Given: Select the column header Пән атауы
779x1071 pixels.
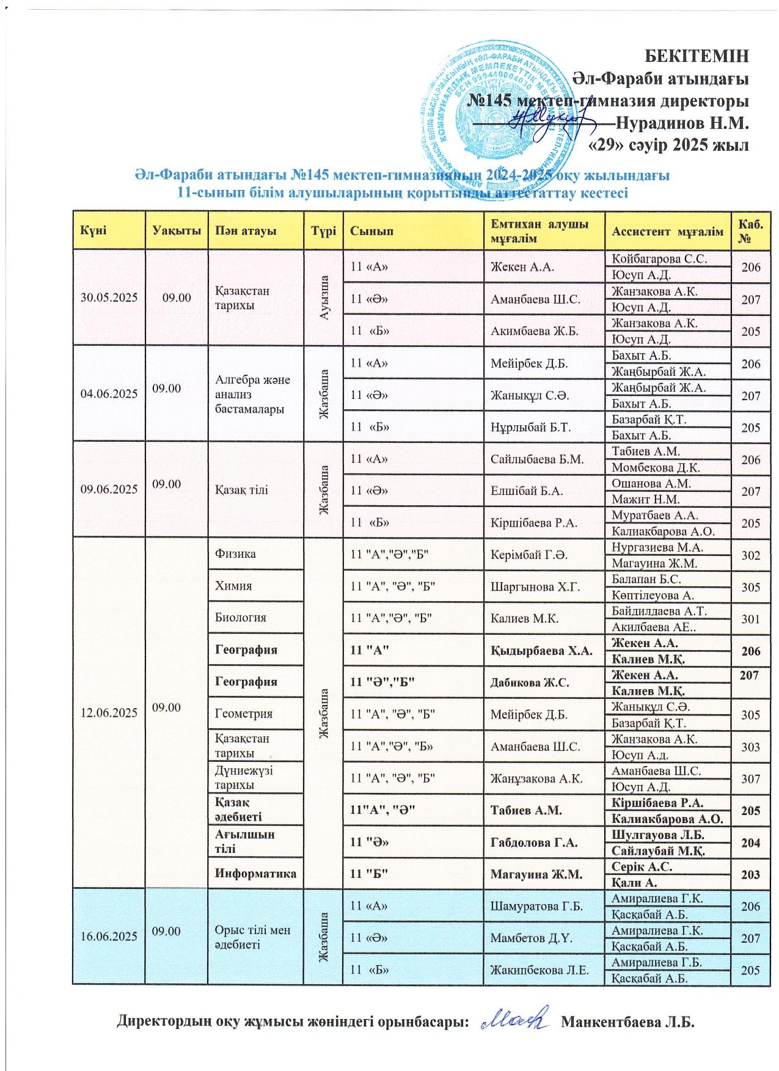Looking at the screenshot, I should tap(241, 231).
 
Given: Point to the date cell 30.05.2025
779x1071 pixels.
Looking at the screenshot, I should tap(109, 298).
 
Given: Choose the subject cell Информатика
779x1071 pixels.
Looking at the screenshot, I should tap(255, 873).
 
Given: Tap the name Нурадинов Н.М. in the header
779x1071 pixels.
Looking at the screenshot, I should tap(682, 123).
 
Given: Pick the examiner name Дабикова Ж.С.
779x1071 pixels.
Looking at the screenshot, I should tap(530, 682).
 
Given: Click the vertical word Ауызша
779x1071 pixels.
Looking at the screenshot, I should tap(324, 298).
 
